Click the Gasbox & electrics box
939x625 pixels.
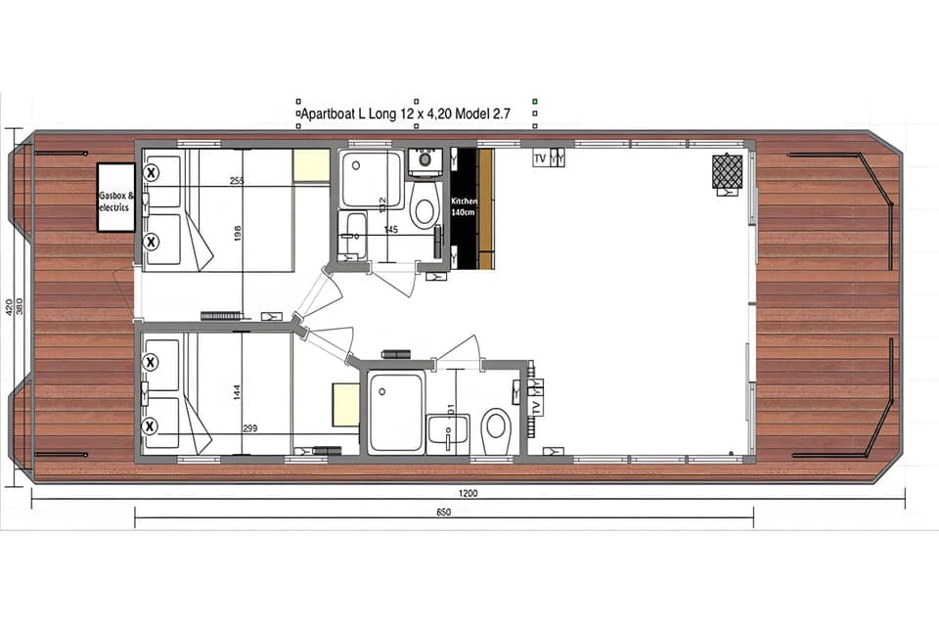[x=115, y=197]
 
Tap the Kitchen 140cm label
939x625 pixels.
[x=464, y=205]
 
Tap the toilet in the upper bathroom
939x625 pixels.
[x=424, y=208]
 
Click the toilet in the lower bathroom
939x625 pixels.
[x=496, y=425]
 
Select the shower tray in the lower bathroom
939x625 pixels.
[x=395, y=412]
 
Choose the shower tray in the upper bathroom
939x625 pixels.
[x=371, y=180]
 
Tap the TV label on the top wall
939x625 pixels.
[x=540, y=158]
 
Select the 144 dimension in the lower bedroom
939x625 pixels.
[x=237, y=392]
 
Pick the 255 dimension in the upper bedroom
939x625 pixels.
[x=237, y=181]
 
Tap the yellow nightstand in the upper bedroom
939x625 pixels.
[x=311, y=165]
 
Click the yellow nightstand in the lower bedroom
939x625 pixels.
[x=345, y=404]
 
